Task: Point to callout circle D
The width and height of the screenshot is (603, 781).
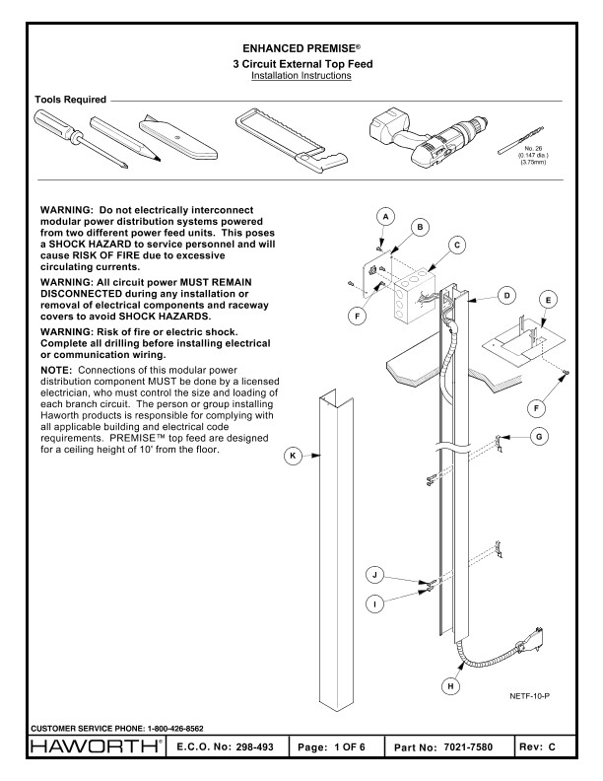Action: (x=505, y=294)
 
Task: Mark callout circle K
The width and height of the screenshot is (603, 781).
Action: (x=292, y=457)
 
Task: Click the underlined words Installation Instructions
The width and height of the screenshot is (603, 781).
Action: (x=301, y=75)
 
